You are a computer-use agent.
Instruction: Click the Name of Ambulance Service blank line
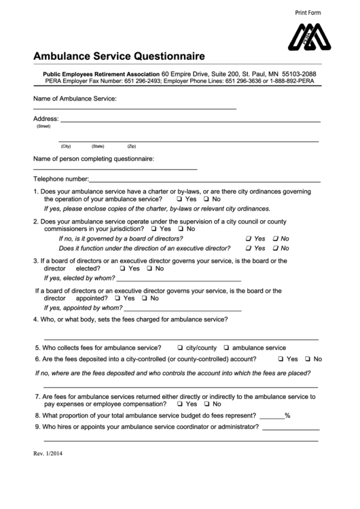(134, 107)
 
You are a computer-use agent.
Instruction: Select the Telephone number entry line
(204, 181)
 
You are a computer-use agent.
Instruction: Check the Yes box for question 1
(179, 200)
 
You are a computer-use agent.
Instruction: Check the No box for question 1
(206, 200)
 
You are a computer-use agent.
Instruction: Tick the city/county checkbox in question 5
(180, 347)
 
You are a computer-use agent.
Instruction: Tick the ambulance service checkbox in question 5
(226, 347)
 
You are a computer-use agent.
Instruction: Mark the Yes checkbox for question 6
(281, 359)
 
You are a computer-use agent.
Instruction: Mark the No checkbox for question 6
(307, 359)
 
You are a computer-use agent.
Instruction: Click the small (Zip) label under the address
(132, 146)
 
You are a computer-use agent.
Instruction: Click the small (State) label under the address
(98, 146)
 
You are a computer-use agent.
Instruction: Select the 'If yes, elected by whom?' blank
(179, 279)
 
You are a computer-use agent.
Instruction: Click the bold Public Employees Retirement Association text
(101, 73)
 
